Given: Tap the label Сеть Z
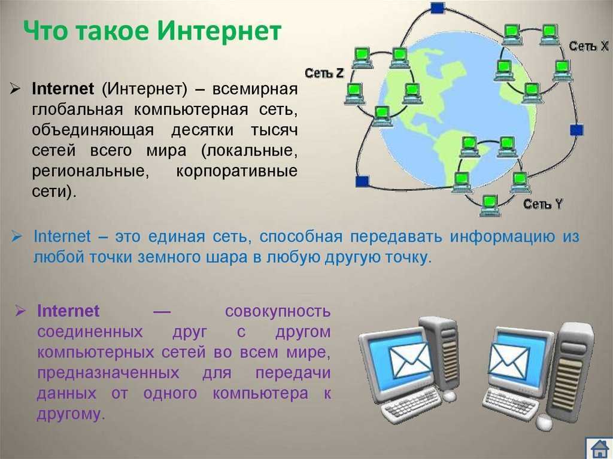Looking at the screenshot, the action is point(324,73).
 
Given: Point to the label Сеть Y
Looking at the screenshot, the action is point(543,203).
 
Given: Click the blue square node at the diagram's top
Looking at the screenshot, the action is point(438,7).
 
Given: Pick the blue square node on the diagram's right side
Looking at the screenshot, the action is point(576,130).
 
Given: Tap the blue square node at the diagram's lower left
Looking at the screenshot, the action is point(362,181).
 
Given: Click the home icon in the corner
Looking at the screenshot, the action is point(599,448).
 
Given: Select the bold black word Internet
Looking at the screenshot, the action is point(63,89).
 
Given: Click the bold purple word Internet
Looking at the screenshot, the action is point(68,311).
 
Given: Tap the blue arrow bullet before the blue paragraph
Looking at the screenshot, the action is point(17,236).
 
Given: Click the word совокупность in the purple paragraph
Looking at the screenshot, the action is point(278,312).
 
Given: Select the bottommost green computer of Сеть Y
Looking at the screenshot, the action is point(490,205).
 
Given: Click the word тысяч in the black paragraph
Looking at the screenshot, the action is point(274,130).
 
